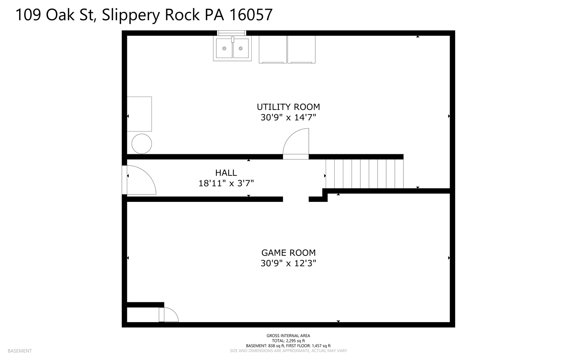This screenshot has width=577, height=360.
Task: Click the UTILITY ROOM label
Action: tap(288, 107)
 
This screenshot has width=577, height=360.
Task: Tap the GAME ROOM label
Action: tap(288, 253)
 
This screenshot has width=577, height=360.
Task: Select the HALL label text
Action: tap(226, 173)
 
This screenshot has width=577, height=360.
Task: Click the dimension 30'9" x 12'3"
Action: tap(288, 263)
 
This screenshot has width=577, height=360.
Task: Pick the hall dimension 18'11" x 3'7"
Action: tap(226, 183)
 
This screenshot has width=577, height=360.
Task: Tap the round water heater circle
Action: tap(141, 144)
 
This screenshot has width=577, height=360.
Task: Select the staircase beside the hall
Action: tap(364, 174)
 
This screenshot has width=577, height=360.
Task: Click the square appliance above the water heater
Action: tap(139, 114)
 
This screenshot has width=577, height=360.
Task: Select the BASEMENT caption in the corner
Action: tap(19, 351)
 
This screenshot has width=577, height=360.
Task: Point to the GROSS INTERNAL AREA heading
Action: tap(288, 335)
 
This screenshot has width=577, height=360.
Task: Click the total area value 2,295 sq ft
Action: tap(295, 341)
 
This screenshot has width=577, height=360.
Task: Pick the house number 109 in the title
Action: tap(28, 15)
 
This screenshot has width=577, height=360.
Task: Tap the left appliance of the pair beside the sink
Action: tap(273, 49)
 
